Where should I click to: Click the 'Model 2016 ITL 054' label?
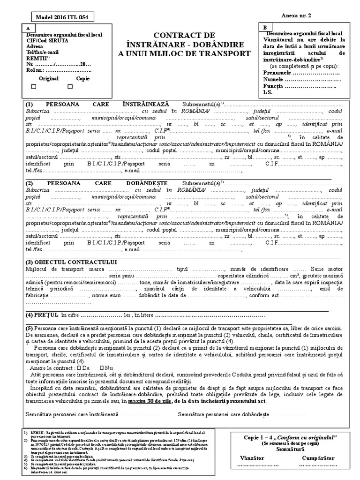[58, 17]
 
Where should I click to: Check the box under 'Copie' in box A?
[70, 86]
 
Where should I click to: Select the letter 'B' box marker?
[265, 28]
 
